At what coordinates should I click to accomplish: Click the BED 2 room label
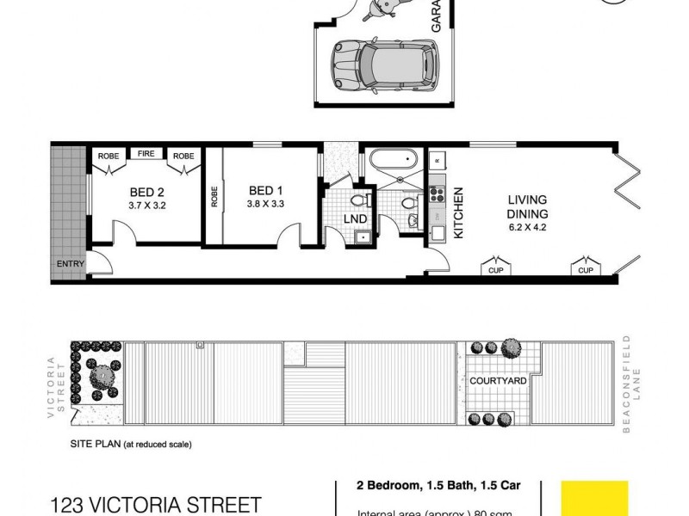(x=147, y=192)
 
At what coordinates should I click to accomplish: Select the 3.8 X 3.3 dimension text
(x=266, y=205)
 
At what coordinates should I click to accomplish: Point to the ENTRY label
(x=70, y=264)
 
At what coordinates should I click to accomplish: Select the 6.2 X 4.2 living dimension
(x=526, y=228)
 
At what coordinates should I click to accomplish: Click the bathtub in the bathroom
(x=392, y=160)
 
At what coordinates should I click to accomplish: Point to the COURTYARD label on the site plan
(x=498, y=380)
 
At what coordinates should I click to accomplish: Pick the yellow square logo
(x=594, y=499)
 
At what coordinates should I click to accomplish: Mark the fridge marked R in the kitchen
(x=437, y=160)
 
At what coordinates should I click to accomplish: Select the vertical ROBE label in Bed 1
(x=214, y=198)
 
